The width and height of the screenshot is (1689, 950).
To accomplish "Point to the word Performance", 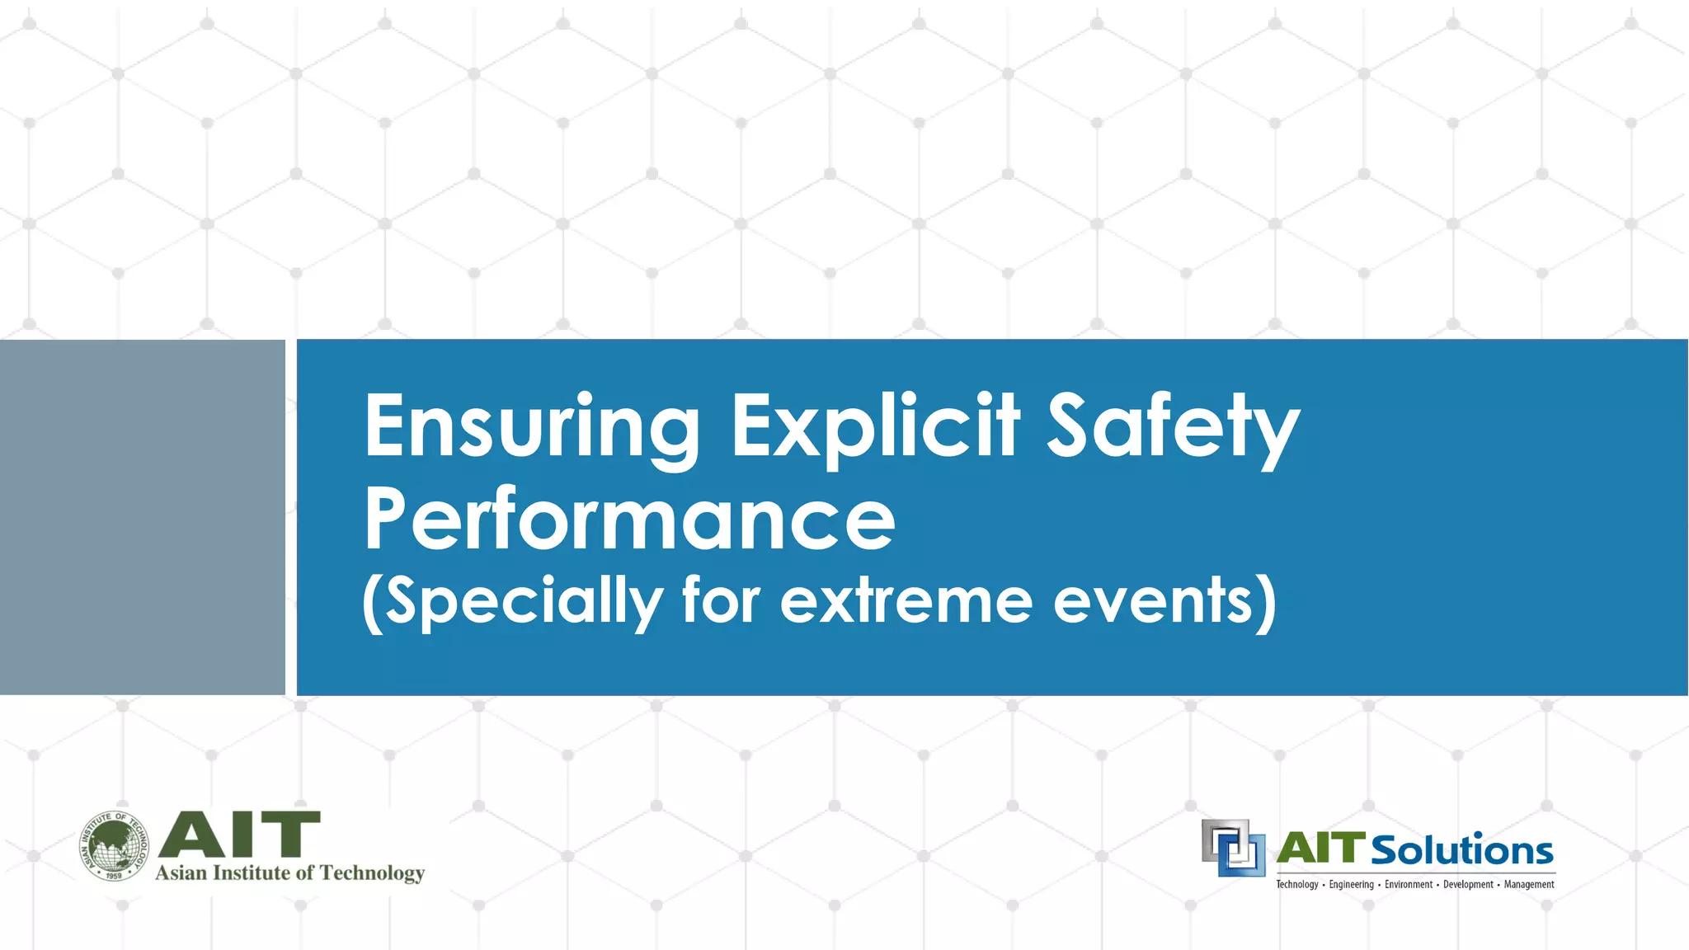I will point(629,520).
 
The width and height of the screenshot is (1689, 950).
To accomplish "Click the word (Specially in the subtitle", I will point(512,602).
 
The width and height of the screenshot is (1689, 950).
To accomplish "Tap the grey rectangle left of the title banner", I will point(142,517).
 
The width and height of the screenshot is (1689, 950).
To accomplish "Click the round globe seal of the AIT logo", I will point(115,846).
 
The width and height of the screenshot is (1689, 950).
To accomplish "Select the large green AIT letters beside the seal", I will point(239,835).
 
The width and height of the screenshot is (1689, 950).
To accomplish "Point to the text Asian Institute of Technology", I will point(289,873).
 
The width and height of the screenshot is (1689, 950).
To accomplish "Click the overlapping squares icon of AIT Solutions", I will point(1233,848).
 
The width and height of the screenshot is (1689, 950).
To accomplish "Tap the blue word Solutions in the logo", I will point(1461,850).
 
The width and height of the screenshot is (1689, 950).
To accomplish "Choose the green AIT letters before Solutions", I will point(1320,849).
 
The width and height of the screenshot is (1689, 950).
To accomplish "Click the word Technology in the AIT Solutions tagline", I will point(1296,885).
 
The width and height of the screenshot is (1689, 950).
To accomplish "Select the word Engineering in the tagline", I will point(1351,885).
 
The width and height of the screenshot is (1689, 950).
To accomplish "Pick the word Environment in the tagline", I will point(1408,885).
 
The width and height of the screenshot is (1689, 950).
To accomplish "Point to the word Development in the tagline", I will point(1467,885).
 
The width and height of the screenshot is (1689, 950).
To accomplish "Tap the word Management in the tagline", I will point(1528,885).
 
